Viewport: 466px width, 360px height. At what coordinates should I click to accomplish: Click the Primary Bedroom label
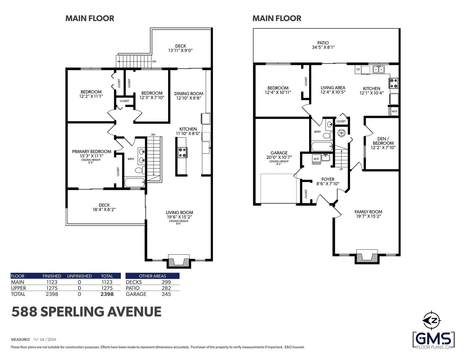pyautogui.click(x=91, y=151)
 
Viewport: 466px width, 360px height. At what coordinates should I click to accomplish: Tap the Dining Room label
pyautogui.click(x=189, y=94)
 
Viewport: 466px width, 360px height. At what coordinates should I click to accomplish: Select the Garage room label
pyautogui.click(x=279, y=153)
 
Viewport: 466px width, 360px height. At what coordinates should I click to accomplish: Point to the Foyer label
pyautogui.click(x=328, y=179)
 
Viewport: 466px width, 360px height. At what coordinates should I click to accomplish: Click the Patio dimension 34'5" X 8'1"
pyautogui.click(x=323, y=47)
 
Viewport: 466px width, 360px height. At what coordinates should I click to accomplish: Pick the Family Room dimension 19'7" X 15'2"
pyautogui.click(x=368, y=216)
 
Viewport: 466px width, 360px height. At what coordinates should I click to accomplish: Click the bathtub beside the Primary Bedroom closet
pyautogui.click(x=135, y=183)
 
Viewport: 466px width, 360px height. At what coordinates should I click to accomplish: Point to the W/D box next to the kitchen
pyautogui.click(x=394, y=111)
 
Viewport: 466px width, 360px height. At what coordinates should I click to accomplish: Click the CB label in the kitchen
pyautogui.click(x=358, y=69)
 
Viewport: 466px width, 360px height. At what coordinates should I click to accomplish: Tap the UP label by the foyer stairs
pyautogui.click(x=341, y=169)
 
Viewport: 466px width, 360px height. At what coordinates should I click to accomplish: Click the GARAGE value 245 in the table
pyautogui.click(x=166, y=294)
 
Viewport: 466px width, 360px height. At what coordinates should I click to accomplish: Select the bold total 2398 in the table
pyautogui.click(x=107, y=294)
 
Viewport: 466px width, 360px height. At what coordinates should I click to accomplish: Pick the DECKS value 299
pyautogui.click(x=166, y=282)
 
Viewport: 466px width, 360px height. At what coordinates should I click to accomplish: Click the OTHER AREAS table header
pyautogui.click(x=153, y=276)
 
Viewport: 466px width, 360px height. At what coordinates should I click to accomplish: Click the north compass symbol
pyautogui.click(x=432, y=321)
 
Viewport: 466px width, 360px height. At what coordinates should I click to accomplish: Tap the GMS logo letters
pyautogui.click(x=434, y=339)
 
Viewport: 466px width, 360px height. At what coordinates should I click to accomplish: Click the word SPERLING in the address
pyautogui.click(x=72, y=312)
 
